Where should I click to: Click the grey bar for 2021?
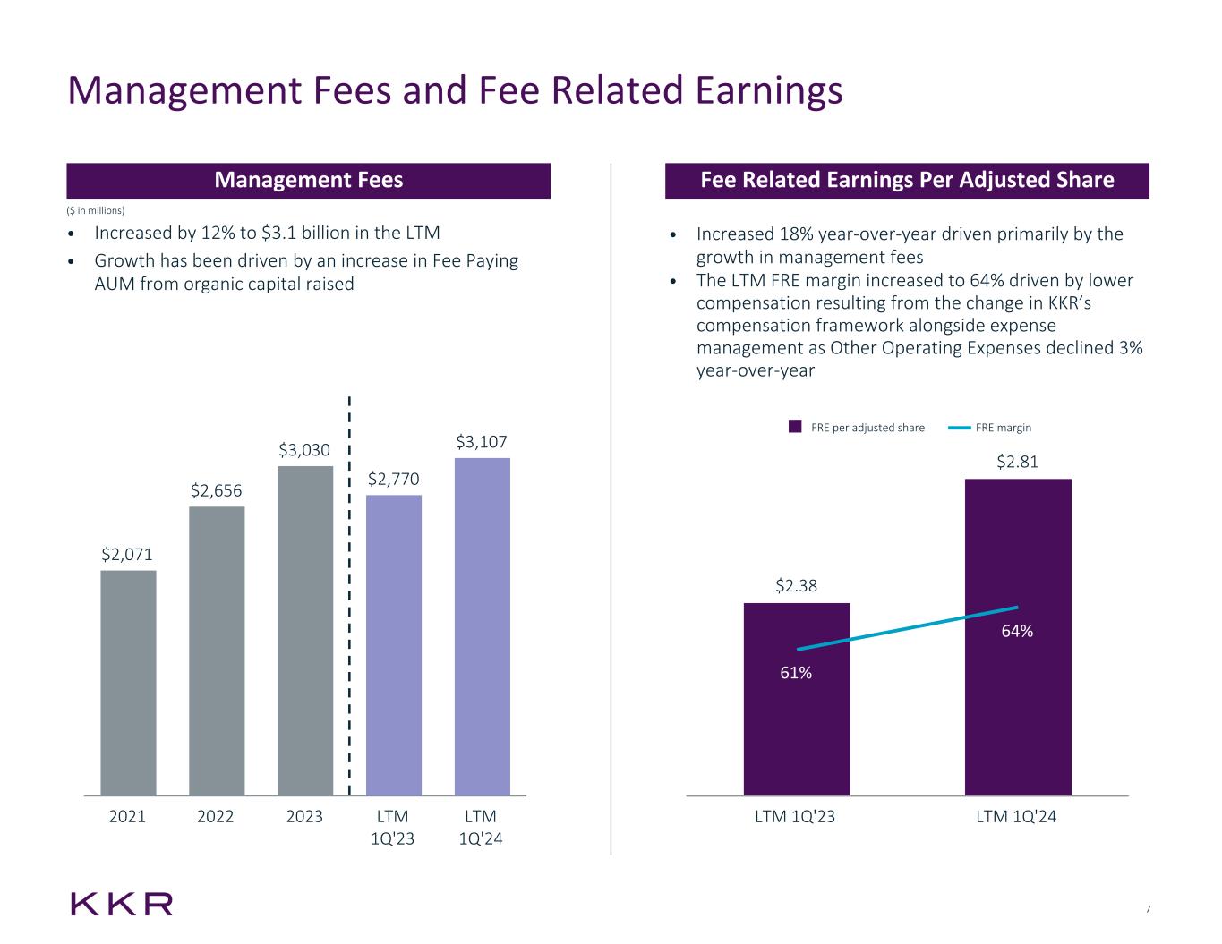click(128, 683)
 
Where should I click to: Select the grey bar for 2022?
click(217, 651)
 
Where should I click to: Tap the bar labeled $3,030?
click(305, 630)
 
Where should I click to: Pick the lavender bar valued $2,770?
click(394, 644)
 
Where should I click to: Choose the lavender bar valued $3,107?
click(483, 626)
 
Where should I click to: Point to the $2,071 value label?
click(127, 555)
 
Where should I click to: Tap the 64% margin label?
click(1017, 632)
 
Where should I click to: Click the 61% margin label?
click(796, 673)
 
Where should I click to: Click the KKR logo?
click(122, 904)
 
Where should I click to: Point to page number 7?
click(1148, 910)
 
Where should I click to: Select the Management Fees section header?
click(308, 181)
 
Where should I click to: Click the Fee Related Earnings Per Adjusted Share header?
click(907, 181)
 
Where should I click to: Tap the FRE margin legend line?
click(960, 428)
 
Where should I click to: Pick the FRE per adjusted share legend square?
click(795, 428)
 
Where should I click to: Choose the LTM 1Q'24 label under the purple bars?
click(1016, 817)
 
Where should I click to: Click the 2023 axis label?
click(304, 817)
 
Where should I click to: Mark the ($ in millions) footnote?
click(97, 210)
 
